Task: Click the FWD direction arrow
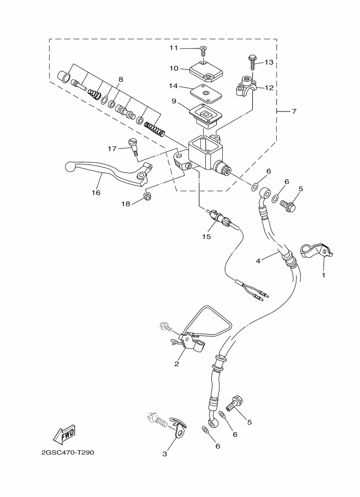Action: (64, 434)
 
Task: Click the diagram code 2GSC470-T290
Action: (68, 452)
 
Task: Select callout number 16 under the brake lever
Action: (96, 192)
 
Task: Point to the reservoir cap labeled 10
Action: (205, 72)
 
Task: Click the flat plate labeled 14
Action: (205, 94)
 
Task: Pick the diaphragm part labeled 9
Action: (205, 116)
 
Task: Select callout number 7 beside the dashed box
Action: (294, 112)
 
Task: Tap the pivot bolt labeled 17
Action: (133, 147)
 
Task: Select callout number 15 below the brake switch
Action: (206, 236)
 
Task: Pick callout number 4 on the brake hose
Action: (258, 261)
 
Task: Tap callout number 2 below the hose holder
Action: (176, 364)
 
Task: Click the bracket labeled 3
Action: (178, 428)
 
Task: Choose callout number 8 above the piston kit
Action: (120, 79)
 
